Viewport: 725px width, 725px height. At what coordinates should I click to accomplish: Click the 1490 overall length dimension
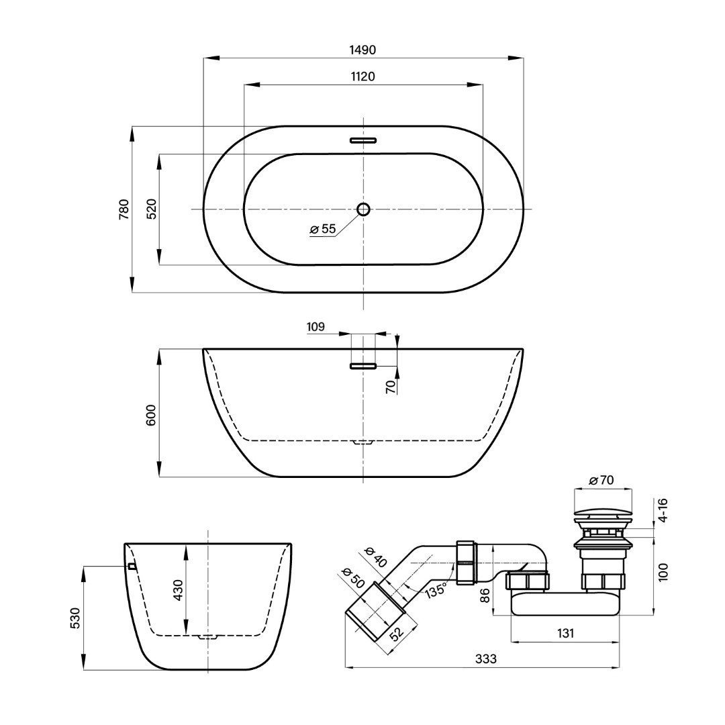363,50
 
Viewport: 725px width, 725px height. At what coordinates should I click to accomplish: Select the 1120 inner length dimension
363,77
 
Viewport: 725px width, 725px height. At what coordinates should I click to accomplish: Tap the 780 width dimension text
124,209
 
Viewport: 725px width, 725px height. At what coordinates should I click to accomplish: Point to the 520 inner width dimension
152,209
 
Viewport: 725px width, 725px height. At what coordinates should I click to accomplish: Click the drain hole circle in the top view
363,209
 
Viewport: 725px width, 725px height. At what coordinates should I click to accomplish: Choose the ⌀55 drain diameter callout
323,228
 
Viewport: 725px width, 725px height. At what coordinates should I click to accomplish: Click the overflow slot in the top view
363,140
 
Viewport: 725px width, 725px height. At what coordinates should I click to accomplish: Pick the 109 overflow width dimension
316,327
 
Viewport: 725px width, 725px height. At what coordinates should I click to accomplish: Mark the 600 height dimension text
152,415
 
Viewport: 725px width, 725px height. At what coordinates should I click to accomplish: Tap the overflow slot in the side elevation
363,367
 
